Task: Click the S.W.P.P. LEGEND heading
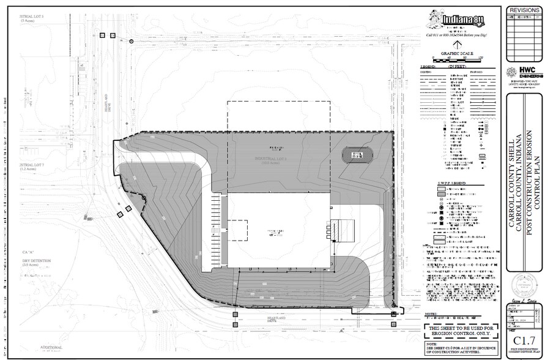pos(452,184)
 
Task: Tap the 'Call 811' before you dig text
pos(456,36)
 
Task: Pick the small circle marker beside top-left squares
pos(132,42)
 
